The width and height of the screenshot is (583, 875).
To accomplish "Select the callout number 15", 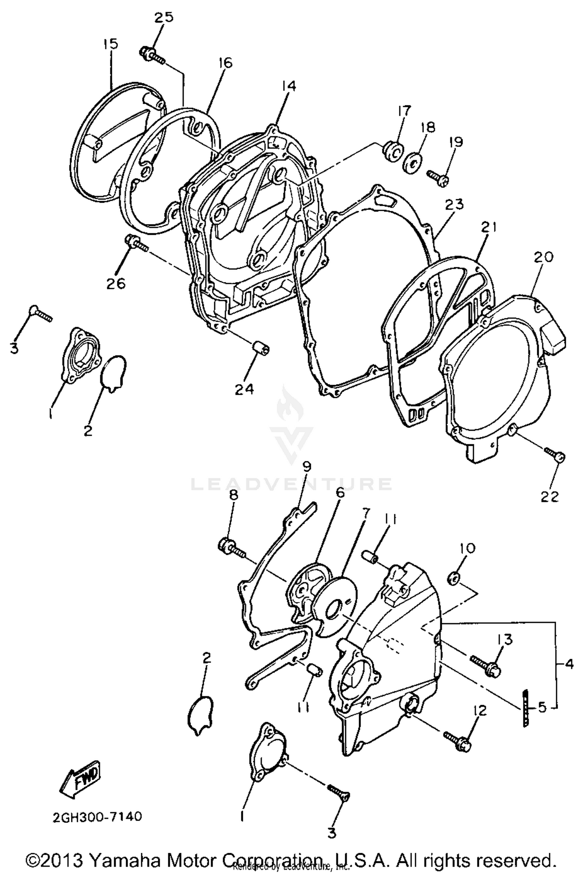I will (110, 44).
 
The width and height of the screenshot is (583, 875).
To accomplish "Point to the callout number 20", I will (543, 257).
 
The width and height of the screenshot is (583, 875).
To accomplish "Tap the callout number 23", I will (455, 205).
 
